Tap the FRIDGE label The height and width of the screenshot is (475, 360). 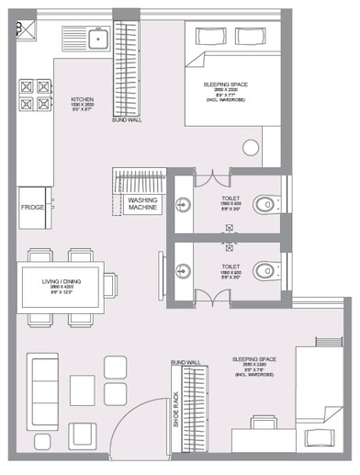coord(33,208)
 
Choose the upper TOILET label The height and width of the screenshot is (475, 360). coord(231,198)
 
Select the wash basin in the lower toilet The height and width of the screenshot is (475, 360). coord(184,269)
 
